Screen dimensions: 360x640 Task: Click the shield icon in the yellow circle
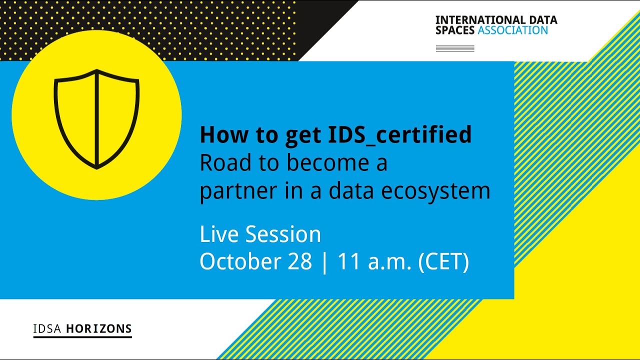tap(96, 119)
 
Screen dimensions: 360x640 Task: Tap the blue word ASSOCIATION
tap(512, 30)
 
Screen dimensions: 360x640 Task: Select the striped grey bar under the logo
tap(455, 48)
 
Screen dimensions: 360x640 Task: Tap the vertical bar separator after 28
tap(325, 263)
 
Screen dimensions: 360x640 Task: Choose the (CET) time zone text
tap(443, 262)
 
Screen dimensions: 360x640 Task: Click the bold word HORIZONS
tap(99, 329)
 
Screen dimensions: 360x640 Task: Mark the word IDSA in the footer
tap(47, 329)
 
